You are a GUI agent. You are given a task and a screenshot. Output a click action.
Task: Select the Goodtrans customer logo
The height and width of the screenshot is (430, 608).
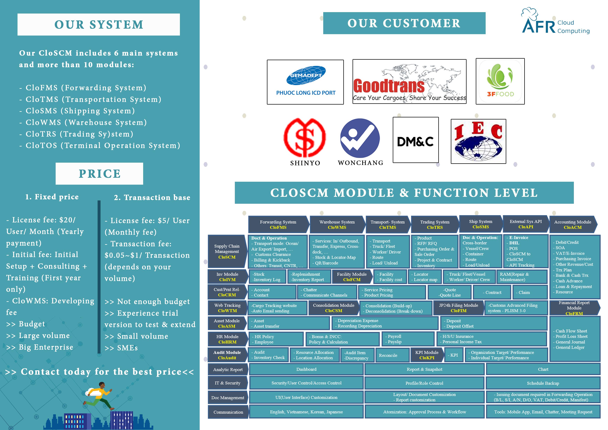pyautogui.click(x=409, y=82)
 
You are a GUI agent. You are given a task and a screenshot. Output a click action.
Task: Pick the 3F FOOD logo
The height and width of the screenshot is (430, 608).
pyautogui.click(x=500, y=81)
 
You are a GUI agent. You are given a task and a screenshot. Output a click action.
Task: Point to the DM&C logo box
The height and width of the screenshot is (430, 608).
pyautogui.click(x=415, y=140)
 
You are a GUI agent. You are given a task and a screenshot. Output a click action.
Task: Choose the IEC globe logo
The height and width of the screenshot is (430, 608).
pyautogui.click(x=478, y=141)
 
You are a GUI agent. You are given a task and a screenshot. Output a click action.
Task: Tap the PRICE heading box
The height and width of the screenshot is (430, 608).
pyautogui.click(x=99, y=174)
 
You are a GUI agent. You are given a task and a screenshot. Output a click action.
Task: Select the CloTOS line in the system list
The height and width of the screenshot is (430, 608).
pyautogui.click(x=100, y=145)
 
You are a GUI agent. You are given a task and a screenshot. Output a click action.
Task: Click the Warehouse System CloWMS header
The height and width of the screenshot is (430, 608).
pyautogui.click(x=337, y=224)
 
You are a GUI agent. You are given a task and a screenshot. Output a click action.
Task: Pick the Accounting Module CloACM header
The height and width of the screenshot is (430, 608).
pyautogui.click(x=572, y=224)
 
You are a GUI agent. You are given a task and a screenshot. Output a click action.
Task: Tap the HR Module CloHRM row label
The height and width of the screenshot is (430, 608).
pyautogui.click(x=227, y=339)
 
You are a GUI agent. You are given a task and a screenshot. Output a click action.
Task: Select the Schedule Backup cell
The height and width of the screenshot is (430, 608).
pyautogui.click(x=543, y=383)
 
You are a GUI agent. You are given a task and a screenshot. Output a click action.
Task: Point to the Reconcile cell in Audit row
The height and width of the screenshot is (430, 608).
pyautogui.click(x=388, y=355)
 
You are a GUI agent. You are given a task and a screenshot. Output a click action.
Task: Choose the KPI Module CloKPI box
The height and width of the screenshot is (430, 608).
pyautogui.click(x=427, y=355)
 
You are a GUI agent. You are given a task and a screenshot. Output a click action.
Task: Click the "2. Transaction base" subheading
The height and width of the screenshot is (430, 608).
pyautogui.click(x=152, y=197)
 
